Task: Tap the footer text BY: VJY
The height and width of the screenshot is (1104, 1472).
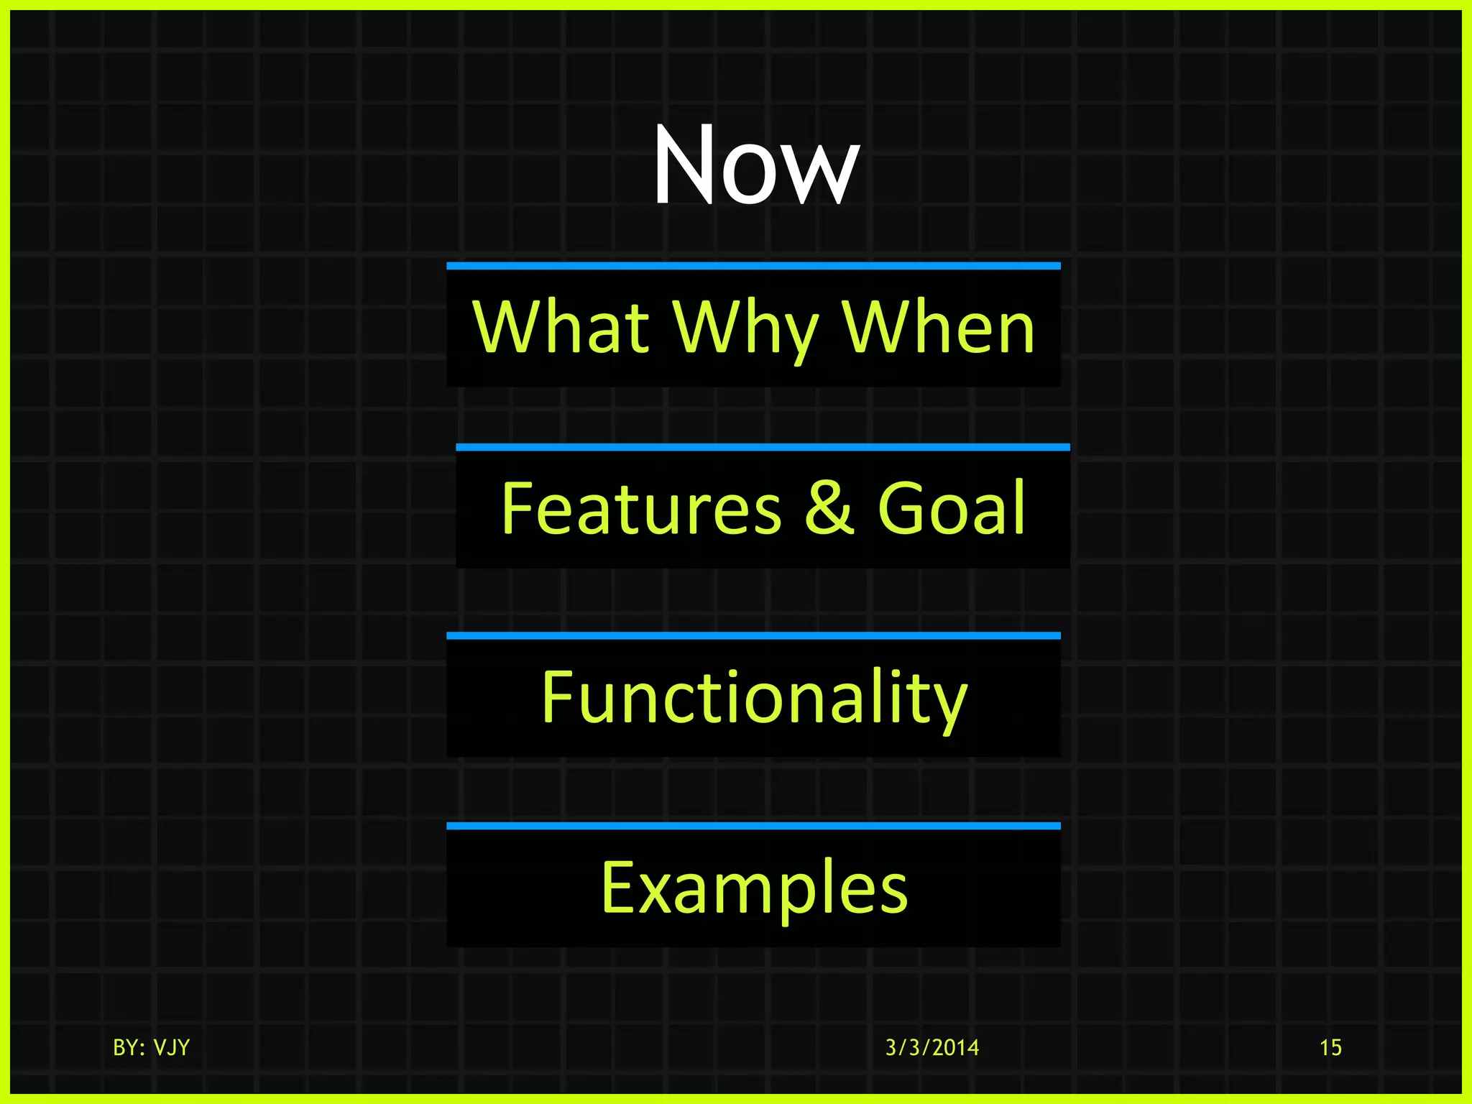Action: pyautogui.click(x=151, y=1047)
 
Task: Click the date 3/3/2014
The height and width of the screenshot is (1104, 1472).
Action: pyautogui.click(x=932, y=1047)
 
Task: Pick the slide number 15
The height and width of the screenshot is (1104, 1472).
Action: pyautogui.click(x=1330, y=1047)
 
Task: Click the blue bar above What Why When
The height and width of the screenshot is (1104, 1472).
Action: pyautogui.click(x=753, y=266)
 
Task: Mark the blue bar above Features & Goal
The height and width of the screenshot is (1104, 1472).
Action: pyautogui.click(x=763, y=447)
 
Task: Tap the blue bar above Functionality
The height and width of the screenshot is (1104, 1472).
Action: pyautogui.click(x=753, y=635)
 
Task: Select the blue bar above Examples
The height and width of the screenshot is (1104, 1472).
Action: pyautogui.click(x=753, y=826)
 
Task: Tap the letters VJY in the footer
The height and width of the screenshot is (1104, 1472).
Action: pyautogui.click(x=171, y=1047)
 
